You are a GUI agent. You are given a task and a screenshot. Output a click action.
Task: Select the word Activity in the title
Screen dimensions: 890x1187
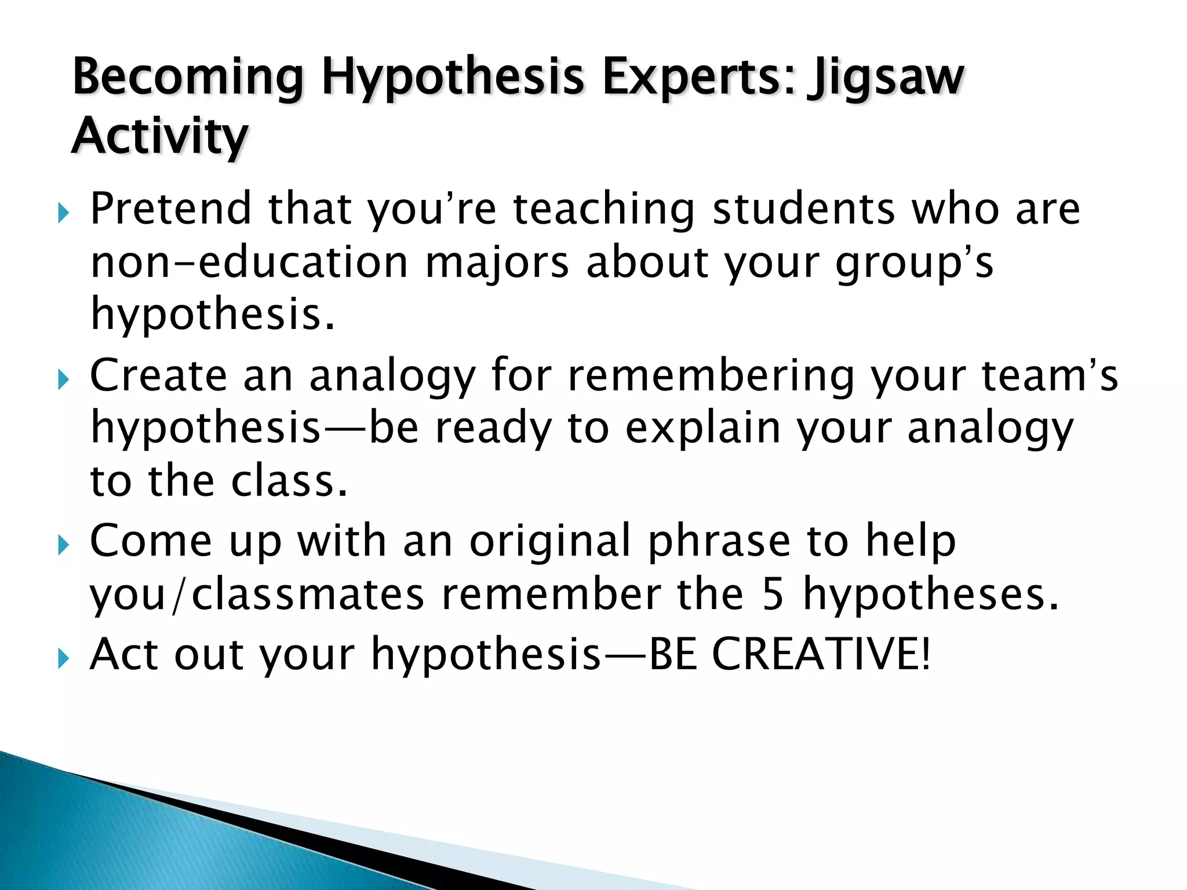(160, 137)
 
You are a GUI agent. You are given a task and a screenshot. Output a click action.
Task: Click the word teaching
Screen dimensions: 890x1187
(604, 209)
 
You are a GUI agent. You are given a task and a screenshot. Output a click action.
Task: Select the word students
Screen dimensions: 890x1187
(804, 209)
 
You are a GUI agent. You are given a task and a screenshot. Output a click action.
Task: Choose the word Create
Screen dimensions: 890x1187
(158, 375)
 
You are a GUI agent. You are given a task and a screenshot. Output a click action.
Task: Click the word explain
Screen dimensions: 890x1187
(702, 429)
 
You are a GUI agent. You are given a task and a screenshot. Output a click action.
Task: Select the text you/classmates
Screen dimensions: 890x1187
(257, 595)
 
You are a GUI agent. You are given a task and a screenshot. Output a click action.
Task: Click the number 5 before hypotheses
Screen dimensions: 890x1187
(773, 595)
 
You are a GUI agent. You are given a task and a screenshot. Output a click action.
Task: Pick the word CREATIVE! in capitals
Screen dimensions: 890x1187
(821, 654)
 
